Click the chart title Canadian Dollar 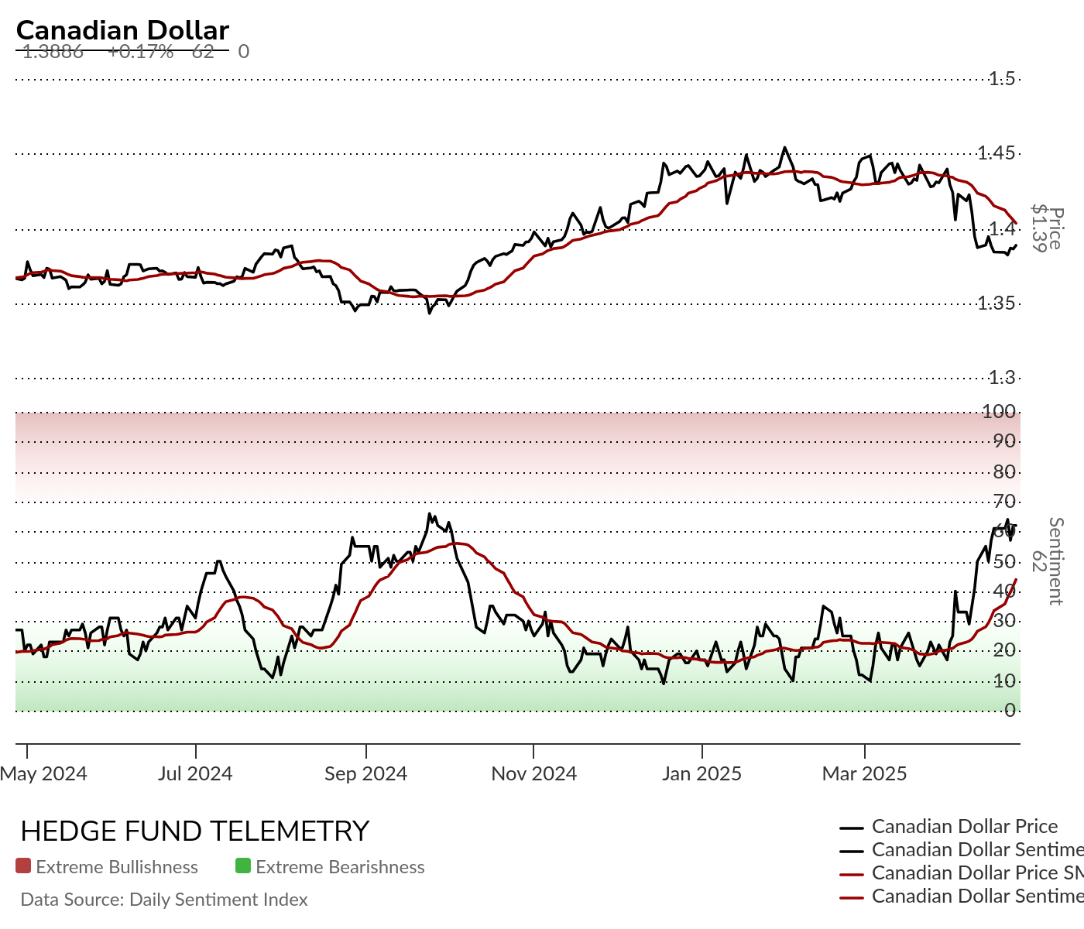[122, 30]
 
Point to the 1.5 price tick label [1001, 78]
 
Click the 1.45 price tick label [996, 153]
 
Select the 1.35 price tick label [996, 303]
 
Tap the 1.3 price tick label [1001, 378]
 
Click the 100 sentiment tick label [999, 411]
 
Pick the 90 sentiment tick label [1004, 441]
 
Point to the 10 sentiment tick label [1004, 681]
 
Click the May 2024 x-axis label [43, 773]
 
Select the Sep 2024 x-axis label [365, 773]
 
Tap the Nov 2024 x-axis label [533, 773]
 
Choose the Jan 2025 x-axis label [702, 773]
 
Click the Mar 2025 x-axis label [864, 773]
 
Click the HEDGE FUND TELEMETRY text [194, 831]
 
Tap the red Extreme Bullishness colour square [23, 866]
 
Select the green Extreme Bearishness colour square [243, 866]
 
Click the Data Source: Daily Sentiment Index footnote [164, 900]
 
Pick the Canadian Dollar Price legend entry [964, 827]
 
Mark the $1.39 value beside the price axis [1040, 228]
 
